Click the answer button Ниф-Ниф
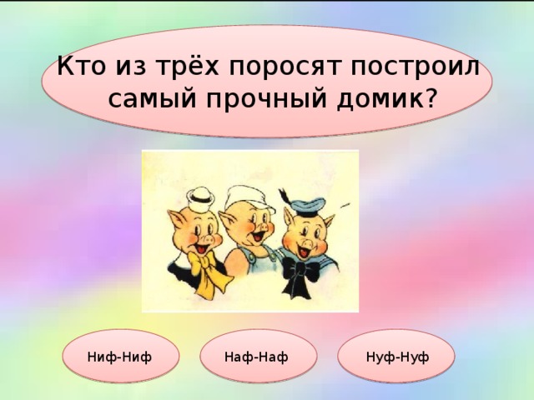pos(119,357)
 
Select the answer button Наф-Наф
pos(256,357)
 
